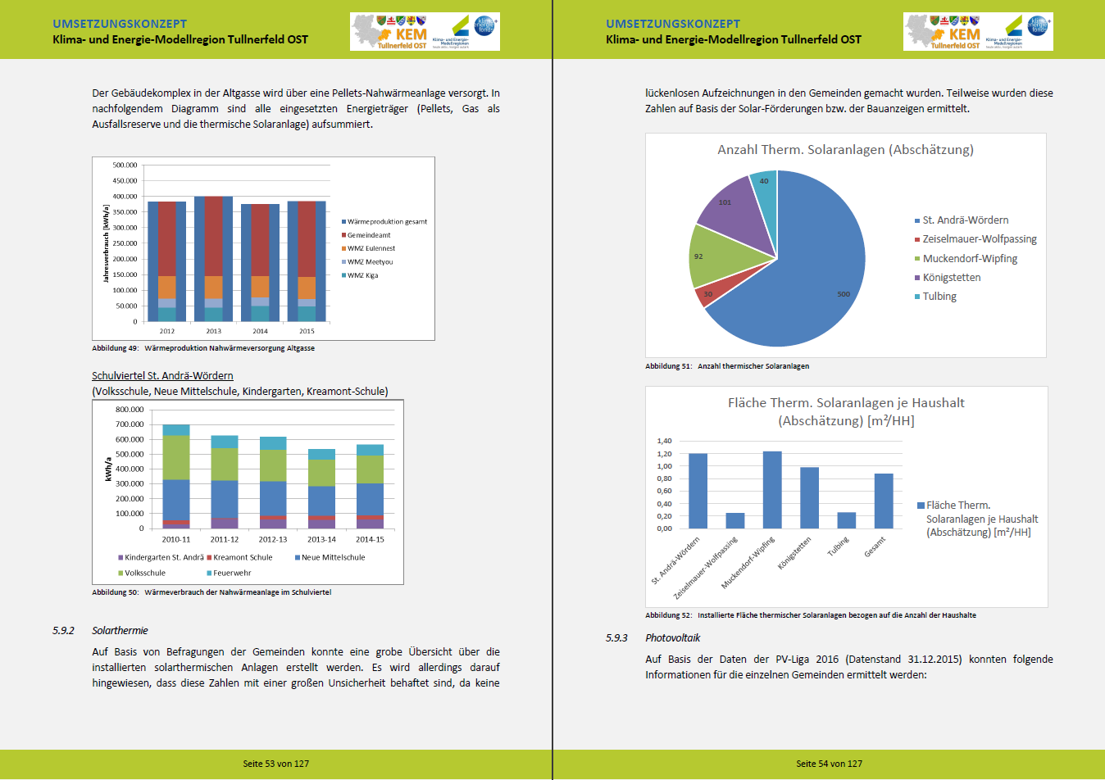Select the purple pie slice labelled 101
tap(734, 209)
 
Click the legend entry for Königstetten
tap(951, 278)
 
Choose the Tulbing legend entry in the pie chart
tap(939, 297)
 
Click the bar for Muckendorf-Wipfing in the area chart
tap(772, 490)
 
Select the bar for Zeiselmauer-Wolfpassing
tap(735, 520)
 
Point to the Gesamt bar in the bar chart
tap(884, 501)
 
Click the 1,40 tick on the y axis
tap(664, 442)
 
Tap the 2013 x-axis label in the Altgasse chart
tap(214, 331)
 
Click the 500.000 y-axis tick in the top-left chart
tap(125, 166)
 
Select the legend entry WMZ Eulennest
tap(371, 248)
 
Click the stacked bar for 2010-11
tap(176, 476)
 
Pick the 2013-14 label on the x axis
tap(321, 539)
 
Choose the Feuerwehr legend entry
tap(232, 573)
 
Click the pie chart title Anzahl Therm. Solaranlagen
tap(845, 150)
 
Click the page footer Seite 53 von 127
tap(275, 764)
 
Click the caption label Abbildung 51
tap(668, 366)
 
